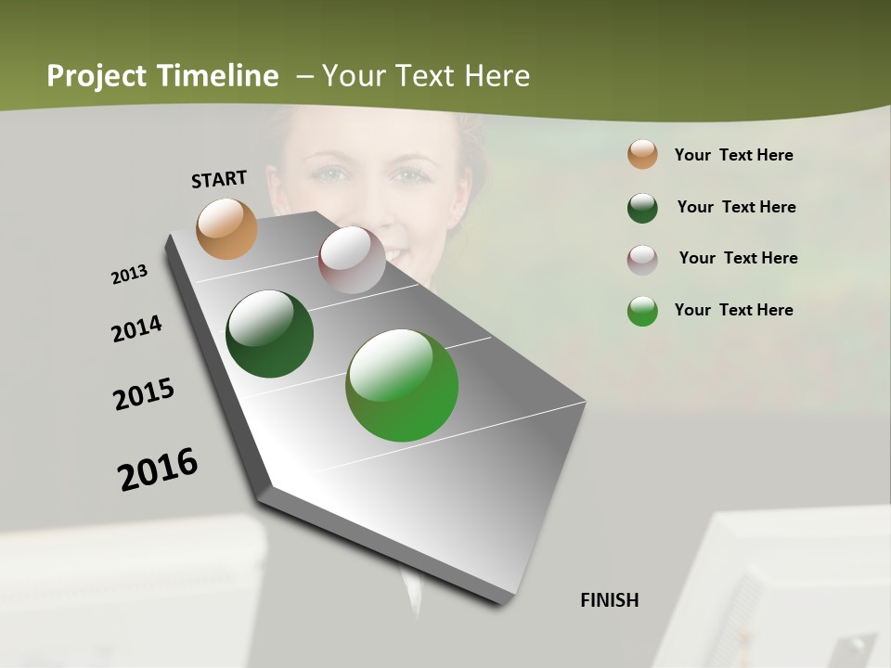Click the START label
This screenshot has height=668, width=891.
coord(219,179)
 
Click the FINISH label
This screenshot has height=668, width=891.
coord(610,600)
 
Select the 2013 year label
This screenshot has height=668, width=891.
coord(129,275)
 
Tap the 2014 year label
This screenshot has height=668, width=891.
coord(136,329)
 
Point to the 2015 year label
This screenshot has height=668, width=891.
coord(144,394)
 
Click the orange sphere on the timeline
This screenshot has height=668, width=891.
coord(226,228)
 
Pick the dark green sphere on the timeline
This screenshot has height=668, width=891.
coord(269,334)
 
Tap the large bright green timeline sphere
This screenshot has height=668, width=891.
coord(402,385)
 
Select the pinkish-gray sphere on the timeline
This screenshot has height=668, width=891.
coord(352,260)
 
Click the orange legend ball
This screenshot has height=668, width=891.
coord(642,155)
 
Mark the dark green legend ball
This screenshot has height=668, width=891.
coord(642,208)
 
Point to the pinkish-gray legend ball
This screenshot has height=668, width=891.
coord(642,260)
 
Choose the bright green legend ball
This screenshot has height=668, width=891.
coord(642,311)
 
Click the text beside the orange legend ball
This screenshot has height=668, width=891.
coord(733,156)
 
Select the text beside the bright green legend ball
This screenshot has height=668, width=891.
coord(733,310)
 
